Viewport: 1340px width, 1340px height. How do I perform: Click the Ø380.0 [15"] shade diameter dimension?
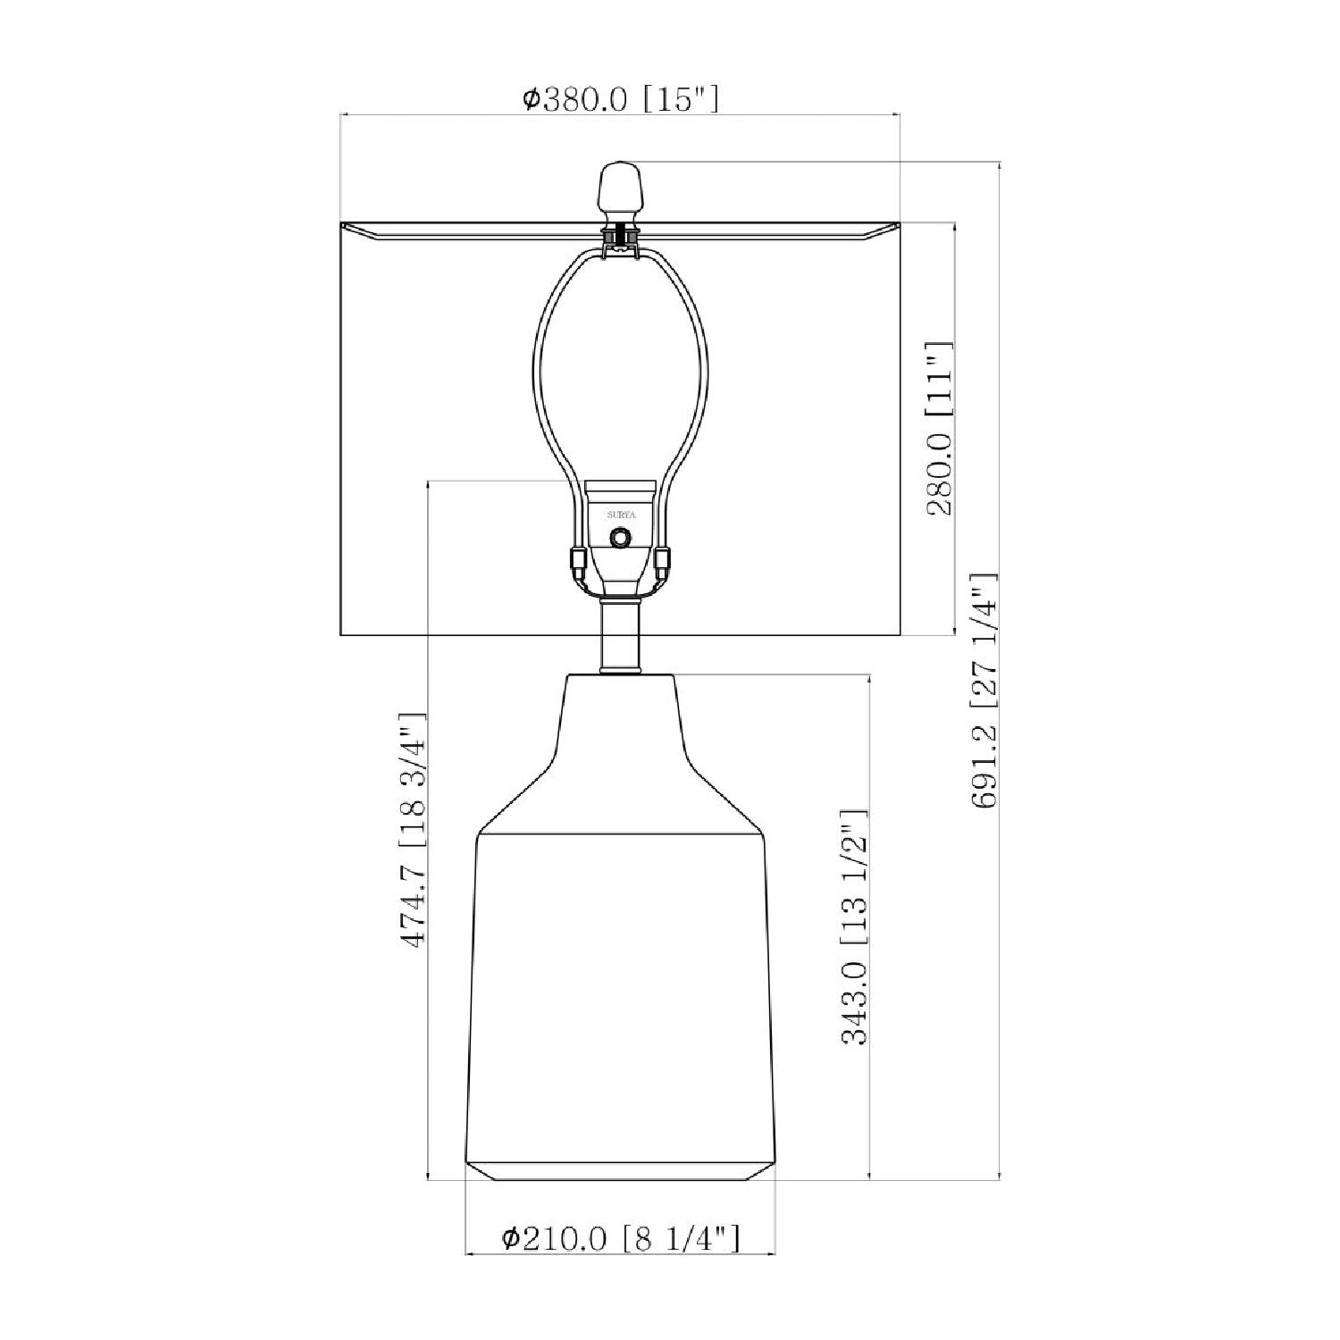pyautogui.click(x=620, y=98)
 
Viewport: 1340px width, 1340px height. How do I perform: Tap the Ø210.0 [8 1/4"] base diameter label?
pyautogui.click(x=620, y=1237)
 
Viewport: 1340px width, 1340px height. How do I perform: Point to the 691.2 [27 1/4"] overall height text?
pyautogui.click(x=984, y=691)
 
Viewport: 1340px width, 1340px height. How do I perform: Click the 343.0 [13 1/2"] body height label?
pyautogui.click(x=855, y=927)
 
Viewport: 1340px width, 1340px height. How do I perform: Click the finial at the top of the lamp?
pyautogui.click(x=620, y=190)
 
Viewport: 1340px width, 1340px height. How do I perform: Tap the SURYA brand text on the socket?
pyautogui.click(x=620, y=515)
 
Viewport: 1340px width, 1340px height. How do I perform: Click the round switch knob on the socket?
pyautogui.click(x=620, y=538)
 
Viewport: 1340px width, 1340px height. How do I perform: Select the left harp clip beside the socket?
pyautogui.click(x=577, y=562)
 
